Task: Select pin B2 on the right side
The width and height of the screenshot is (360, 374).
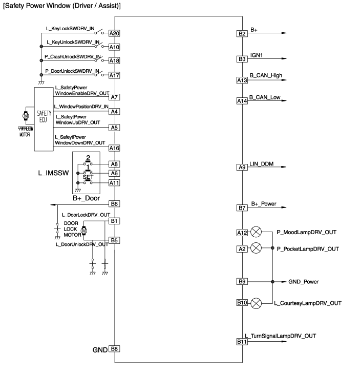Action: [x=242, y=34]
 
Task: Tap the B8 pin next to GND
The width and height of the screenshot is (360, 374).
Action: [x=114, y=349]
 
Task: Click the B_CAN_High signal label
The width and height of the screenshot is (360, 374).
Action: [x=265, y=76]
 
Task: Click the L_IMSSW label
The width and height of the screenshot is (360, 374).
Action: [x=53, y=174]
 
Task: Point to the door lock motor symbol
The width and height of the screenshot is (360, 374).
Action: [x=85, y=232]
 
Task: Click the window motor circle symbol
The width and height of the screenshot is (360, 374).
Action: [x=25, y=114]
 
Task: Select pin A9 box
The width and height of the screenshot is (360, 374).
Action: [x=242, y=167]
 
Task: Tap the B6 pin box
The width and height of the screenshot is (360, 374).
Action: [x=114, y=204]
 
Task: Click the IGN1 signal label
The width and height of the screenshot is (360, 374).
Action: [x=258, y=54]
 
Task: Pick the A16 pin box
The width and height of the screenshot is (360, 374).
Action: [x=114, y=148]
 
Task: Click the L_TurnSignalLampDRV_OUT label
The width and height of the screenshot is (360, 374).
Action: [x=280, y=336]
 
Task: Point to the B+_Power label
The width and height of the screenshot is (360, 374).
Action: [x=264, y=204]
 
